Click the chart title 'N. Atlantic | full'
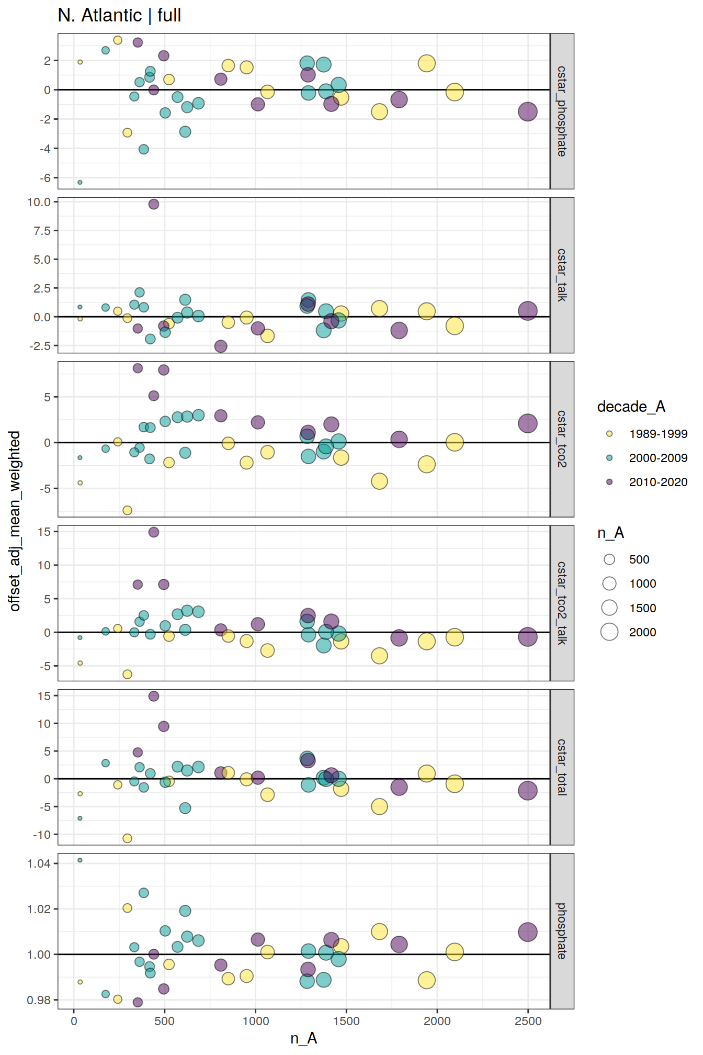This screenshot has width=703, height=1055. [x=119, y=16]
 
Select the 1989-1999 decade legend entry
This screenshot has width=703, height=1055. [x=657, y=434]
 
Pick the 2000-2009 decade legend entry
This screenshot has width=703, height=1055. [x=657, y=458]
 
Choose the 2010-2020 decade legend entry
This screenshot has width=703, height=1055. [x=657, y=482]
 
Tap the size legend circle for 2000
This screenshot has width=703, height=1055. [x=609, y=632]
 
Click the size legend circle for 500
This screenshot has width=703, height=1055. [x=609, y=559]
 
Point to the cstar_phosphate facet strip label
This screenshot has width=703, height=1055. [x=562, y=111]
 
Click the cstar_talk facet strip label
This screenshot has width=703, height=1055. [x=562, y=275]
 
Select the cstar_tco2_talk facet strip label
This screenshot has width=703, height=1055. [x=562, y=603]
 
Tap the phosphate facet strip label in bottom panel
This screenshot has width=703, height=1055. [x=562, y=931]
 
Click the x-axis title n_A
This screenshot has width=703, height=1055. [x=303, y=1038]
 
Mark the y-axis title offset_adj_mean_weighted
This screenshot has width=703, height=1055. [x=15, y=521]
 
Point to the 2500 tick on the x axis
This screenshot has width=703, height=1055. [x=528, y=1021]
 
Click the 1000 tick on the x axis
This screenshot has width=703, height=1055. [x=255, y=1021]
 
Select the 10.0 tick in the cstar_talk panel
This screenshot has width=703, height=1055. [x=39, y=202]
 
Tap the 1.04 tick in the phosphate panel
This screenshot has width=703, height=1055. [x=39, y=863]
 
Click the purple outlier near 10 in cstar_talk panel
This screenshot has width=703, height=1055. [x=153, y=204]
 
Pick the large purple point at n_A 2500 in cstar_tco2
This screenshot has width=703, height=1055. [x=528, y=423]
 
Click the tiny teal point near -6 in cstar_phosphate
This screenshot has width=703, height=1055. [x=80, y=182]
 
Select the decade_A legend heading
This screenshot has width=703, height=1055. [x=631, y=407]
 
